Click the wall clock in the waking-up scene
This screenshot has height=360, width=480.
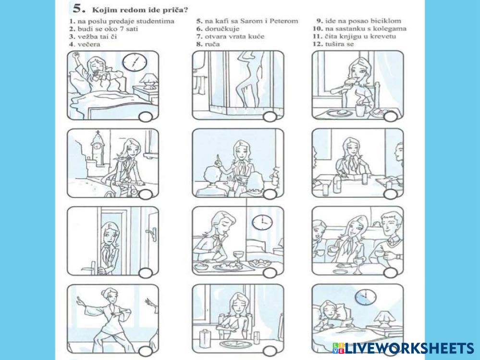tap(135, 62)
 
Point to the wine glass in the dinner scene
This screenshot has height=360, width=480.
tap(238, 258)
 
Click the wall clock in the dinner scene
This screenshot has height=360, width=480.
tap(262, 222)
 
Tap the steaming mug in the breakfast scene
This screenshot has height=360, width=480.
tap(360, 109)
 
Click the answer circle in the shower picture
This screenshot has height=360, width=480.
tap(270, 117)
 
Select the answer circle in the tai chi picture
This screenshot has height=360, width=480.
tap(146, 351)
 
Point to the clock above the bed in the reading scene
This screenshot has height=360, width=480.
tap(366, 297)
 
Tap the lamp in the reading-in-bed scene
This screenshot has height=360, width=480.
tap(384, 320)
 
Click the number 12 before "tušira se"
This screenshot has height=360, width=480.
tap(318, 44)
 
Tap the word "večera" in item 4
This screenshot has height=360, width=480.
tap(89, 44)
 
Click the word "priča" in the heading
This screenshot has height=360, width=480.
tap(176, 10)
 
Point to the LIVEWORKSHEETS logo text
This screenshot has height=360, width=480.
tap(403, 348)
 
